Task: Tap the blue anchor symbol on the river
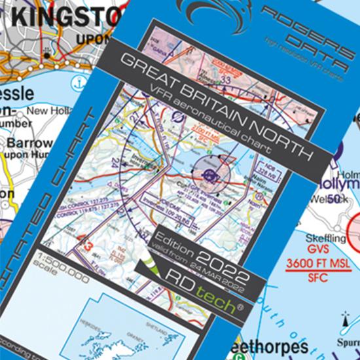(x=79, y=84)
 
